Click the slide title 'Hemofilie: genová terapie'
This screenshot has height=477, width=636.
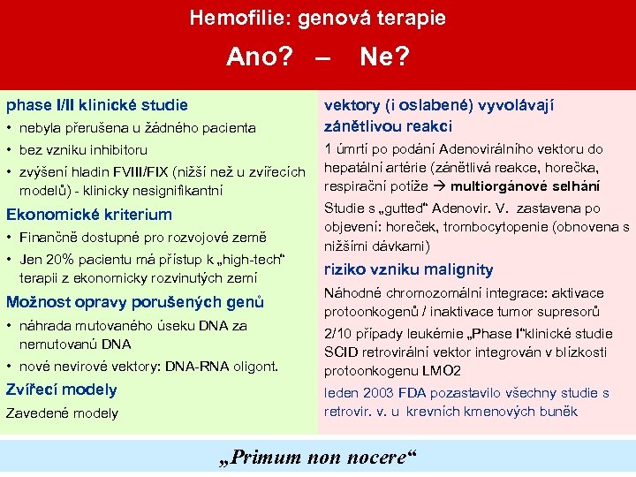tap(318, 18)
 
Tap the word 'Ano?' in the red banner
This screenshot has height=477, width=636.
tap(260, 57)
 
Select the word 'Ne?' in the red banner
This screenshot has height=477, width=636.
tap(384, 57)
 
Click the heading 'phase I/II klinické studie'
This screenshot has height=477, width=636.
tap(97, 105)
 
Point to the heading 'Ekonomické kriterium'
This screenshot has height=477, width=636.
tap(89, 215)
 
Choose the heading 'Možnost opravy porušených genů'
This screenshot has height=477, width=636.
tap(135, 302)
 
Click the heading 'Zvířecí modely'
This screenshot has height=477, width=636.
tap(62, 390)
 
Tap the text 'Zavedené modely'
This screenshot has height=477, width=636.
tap(62, 413)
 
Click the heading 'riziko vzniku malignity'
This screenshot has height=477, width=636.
tap(409, 269)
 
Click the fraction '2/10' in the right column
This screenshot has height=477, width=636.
tap(338, 334)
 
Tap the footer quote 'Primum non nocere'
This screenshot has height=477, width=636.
tap(316, 458)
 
